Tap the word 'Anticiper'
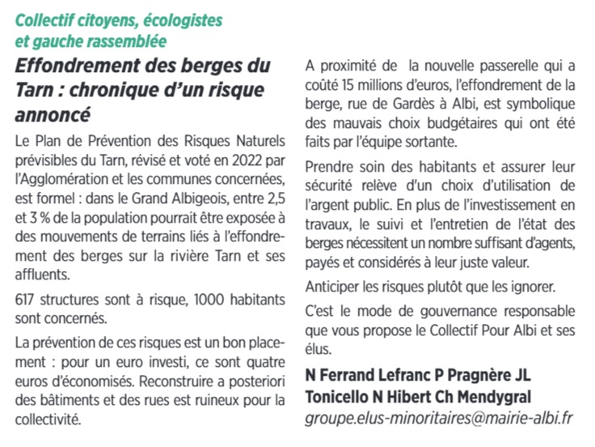(335, 287)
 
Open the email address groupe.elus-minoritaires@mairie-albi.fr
(440, 419)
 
